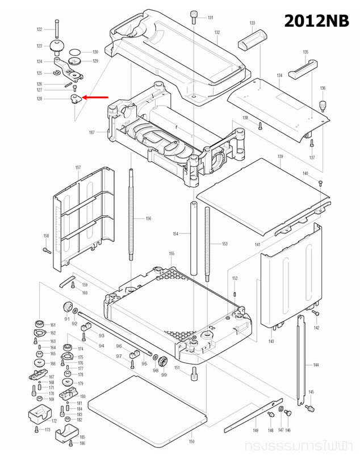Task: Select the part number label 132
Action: coord(217,32)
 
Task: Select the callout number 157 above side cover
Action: coord(78,167)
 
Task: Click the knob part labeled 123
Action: coord(57,46)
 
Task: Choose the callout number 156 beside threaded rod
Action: coord(148,219)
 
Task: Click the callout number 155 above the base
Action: coord(171,253)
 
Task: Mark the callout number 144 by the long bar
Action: coord(315,364)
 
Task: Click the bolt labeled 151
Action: coord(194,372)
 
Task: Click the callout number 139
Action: coord(279,156)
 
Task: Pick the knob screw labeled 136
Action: coord(323,106)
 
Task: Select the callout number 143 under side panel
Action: coord(271,341)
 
